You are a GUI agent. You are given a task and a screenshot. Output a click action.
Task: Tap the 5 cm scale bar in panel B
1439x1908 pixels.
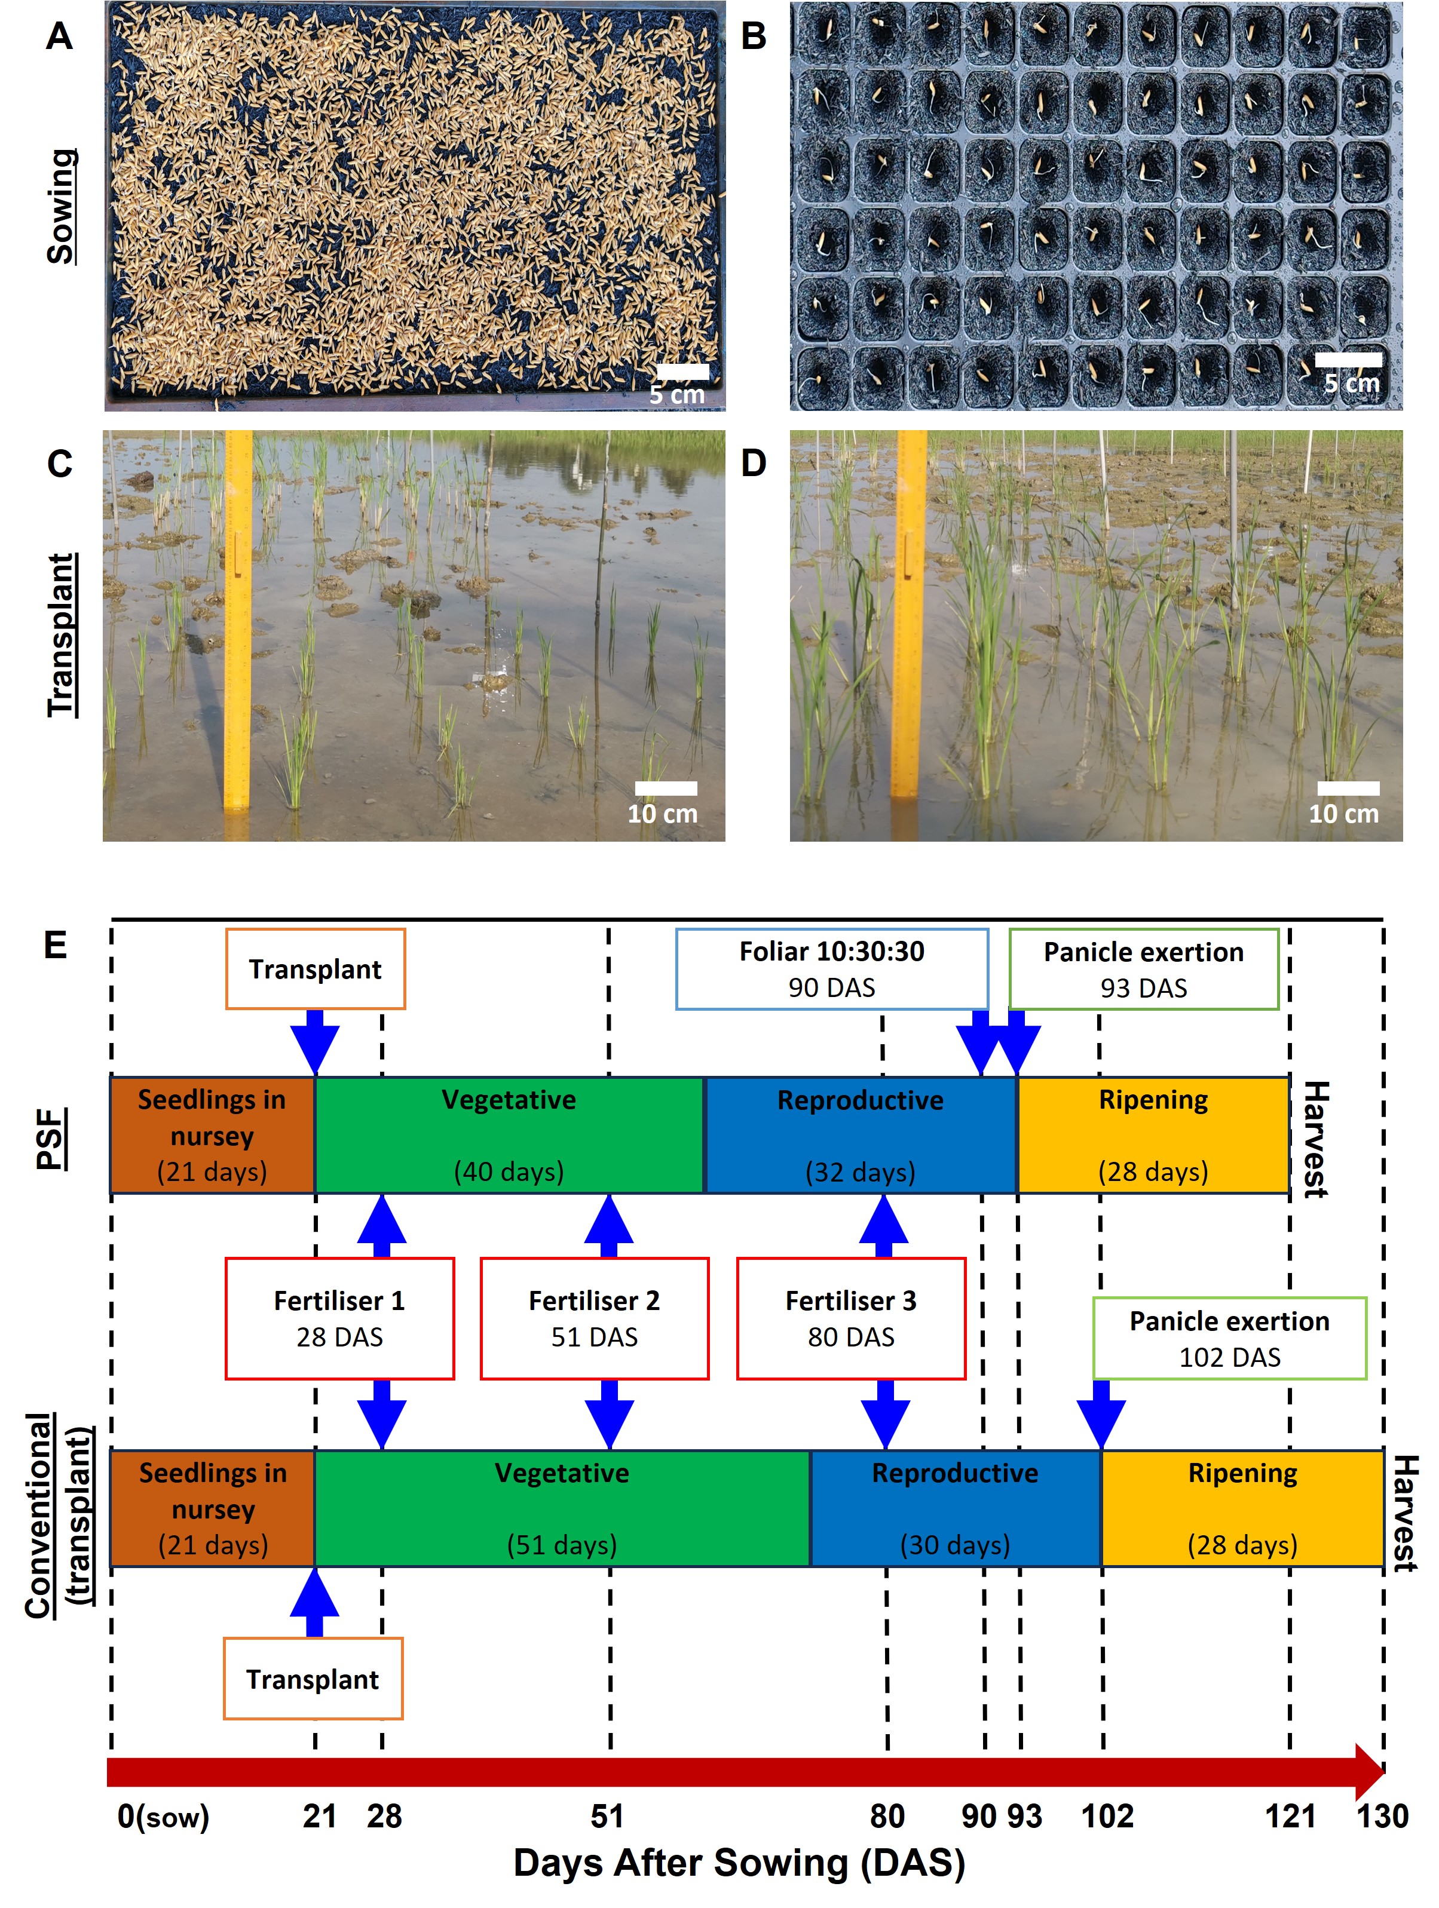[x=1347, y=360]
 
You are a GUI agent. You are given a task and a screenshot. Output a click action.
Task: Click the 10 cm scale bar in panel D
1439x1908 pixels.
[x=1347, y=787]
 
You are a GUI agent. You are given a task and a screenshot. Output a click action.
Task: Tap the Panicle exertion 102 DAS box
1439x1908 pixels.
[x=1229, y=1338]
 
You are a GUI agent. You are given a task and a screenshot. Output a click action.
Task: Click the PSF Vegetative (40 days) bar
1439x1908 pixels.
[x=509, y=1134]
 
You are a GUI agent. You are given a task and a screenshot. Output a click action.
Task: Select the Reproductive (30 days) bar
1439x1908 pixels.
[x=954, y=1508]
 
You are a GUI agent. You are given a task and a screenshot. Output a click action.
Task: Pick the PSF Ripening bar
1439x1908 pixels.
[x=1153, y=1134]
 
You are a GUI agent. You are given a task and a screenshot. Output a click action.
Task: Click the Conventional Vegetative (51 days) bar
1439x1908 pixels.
[x=562, y=1508]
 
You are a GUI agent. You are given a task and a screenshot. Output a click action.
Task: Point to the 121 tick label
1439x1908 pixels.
[x=1290, y=1815]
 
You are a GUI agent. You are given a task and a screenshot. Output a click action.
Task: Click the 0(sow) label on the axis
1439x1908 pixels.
[x=163, y=1815]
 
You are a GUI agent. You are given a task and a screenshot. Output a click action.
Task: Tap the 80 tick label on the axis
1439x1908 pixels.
[x=887, y=1815]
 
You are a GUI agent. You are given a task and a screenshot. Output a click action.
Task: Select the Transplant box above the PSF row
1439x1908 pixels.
[x=315, y=969]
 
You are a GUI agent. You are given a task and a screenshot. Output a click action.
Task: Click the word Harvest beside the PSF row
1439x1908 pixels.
[x=1315, y=1139]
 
